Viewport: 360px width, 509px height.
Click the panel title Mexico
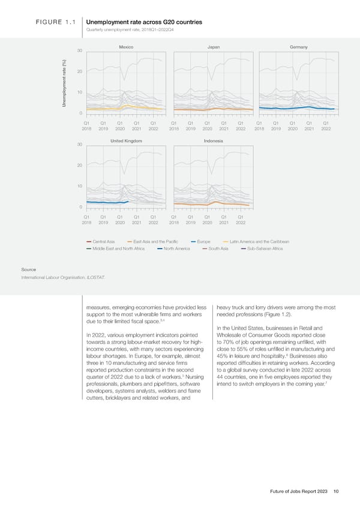click(x=125, y=47)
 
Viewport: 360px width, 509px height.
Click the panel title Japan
click(x=214, y=47)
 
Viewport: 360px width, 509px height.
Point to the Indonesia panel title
click(x=214, y=140)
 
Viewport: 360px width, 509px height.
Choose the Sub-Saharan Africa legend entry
click(x=264, y=248)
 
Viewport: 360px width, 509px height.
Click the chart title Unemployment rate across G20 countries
click(x=144, y=22)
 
